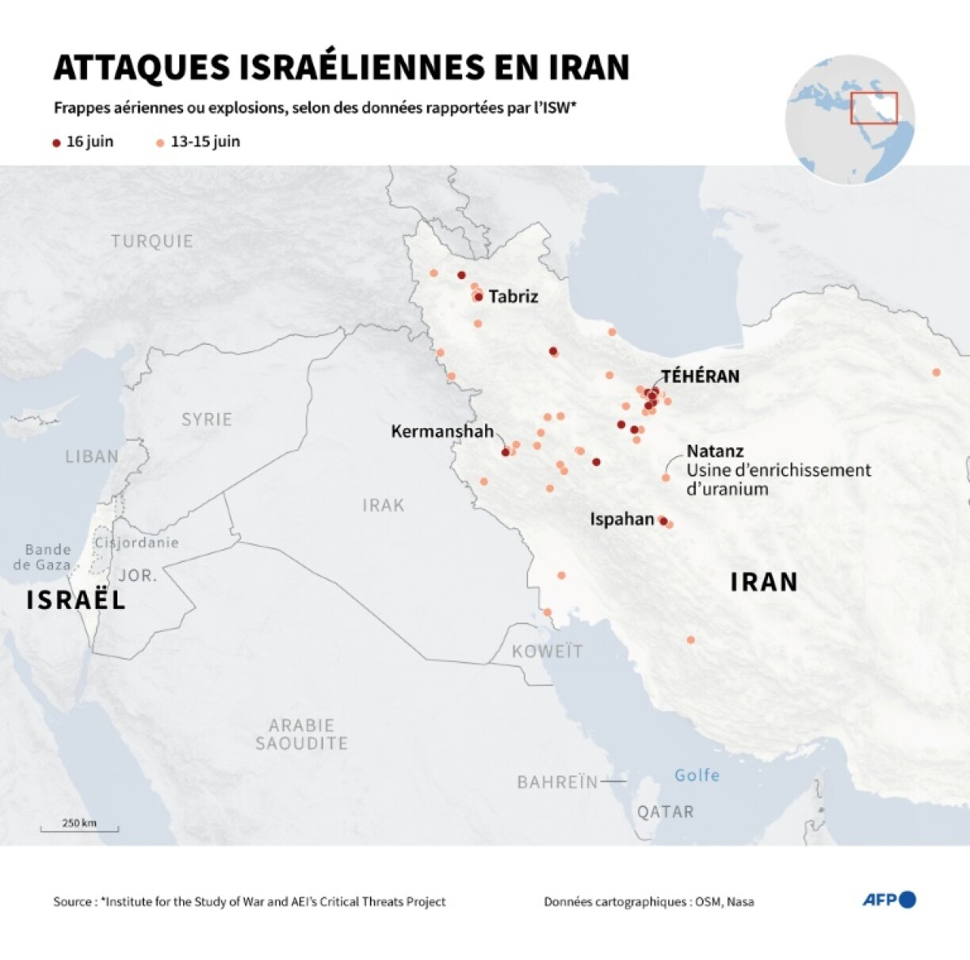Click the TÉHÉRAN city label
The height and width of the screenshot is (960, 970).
point(700,376)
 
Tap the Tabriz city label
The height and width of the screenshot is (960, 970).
point(513,296)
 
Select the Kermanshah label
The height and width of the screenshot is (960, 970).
point(442,431)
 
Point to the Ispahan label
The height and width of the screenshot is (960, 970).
point(621,519)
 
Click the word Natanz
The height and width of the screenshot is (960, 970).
point(715,451)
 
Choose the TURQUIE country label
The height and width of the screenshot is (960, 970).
point(152,241)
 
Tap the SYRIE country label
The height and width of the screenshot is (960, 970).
point(207,419)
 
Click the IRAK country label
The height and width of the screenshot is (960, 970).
point(384,505)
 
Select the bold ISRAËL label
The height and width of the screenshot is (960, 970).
point(76,600)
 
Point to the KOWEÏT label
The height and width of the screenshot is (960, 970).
point(547,652)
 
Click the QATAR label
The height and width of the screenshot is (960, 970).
point(666,812)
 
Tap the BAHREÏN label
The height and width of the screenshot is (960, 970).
point(557,782)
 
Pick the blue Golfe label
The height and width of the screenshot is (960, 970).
point(697,775)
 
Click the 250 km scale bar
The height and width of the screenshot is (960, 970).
point(79,827)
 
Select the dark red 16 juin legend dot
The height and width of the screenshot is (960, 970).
point(56,143)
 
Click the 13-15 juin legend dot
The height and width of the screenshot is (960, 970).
point(160,143)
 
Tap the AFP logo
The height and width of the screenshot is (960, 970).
point(888,900)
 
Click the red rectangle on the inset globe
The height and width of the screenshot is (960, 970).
point(873,108)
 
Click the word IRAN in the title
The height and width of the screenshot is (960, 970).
point(589,68)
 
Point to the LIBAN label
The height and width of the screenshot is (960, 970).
point(92,457)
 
